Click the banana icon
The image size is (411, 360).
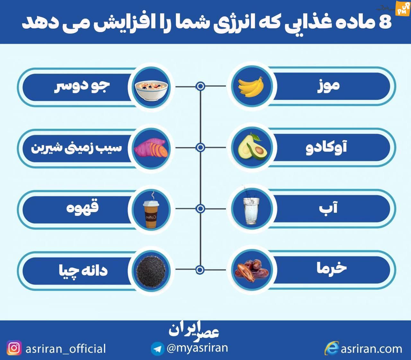pos(251,87)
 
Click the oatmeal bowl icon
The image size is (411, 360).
pos(151,90)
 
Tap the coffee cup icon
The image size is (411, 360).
pos(151,212)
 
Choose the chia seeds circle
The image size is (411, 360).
pos(151,272)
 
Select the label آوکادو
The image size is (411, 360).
pos(327,147)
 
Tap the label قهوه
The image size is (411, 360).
pos(83,207)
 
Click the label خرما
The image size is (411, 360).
pos(332,269)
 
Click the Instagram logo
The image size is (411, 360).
pos(14,348)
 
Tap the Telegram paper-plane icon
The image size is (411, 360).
pos(157,349)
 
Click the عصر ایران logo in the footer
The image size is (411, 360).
pos(194,330)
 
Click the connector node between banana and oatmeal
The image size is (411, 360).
pos(200,86)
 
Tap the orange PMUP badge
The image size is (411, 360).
pos(402,9)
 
